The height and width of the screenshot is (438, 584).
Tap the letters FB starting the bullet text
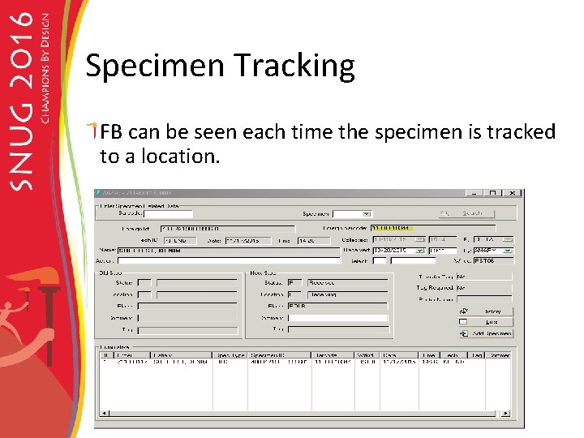(112, 131)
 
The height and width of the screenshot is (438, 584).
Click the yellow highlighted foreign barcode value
(391, 228)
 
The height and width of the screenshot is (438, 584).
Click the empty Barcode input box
(167, 214)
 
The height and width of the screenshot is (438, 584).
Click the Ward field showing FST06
(492, 261)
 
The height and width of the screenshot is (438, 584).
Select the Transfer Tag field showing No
(483, 276)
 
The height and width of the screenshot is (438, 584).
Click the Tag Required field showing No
(483, 287)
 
